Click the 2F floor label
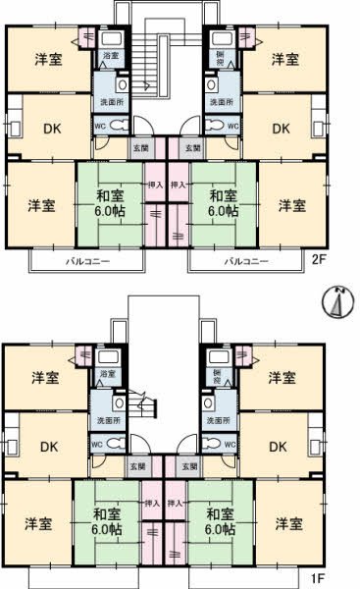point(319,262)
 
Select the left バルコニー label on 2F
point(88,262)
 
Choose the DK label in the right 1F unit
point(279,447)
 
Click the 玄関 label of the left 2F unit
point(141,147)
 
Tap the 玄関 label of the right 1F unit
point(187,465)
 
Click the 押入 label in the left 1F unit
point(152,503)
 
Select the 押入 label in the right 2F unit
point(179,184)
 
